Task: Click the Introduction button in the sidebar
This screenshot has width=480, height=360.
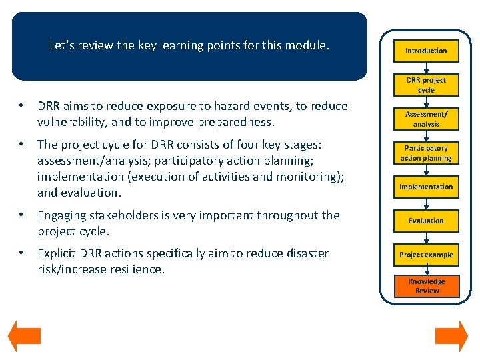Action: (x=426, y=51)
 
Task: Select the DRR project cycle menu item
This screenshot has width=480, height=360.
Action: (x=426, y=85)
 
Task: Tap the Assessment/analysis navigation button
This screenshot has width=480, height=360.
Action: (x=426, y=119)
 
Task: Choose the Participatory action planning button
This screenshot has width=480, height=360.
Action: (x=426, y=153)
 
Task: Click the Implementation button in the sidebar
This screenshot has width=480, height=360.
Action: (x=426, y=187)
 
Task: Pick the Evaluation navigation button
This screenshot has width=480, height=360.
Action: (x=426, y=221)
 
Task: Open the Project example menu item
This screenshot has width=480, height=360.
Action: (x=426, y=255)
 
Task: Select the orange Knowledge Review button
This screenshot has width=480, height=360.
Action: (x=427, y=285)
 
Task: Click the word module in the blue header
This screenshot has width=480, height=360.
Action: (x=307, y=46)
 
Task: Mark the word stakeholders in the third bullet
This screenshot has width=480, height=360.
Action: (x=121, y=215)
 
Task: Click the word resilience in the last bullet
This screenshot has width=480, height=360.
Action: (x=140, y=269)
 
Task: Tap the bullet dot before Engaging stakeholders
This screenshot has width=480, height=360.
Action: (x=22, y=215)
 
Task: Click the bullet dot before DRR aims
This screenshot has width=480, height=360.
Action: (x=22, y=106)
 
